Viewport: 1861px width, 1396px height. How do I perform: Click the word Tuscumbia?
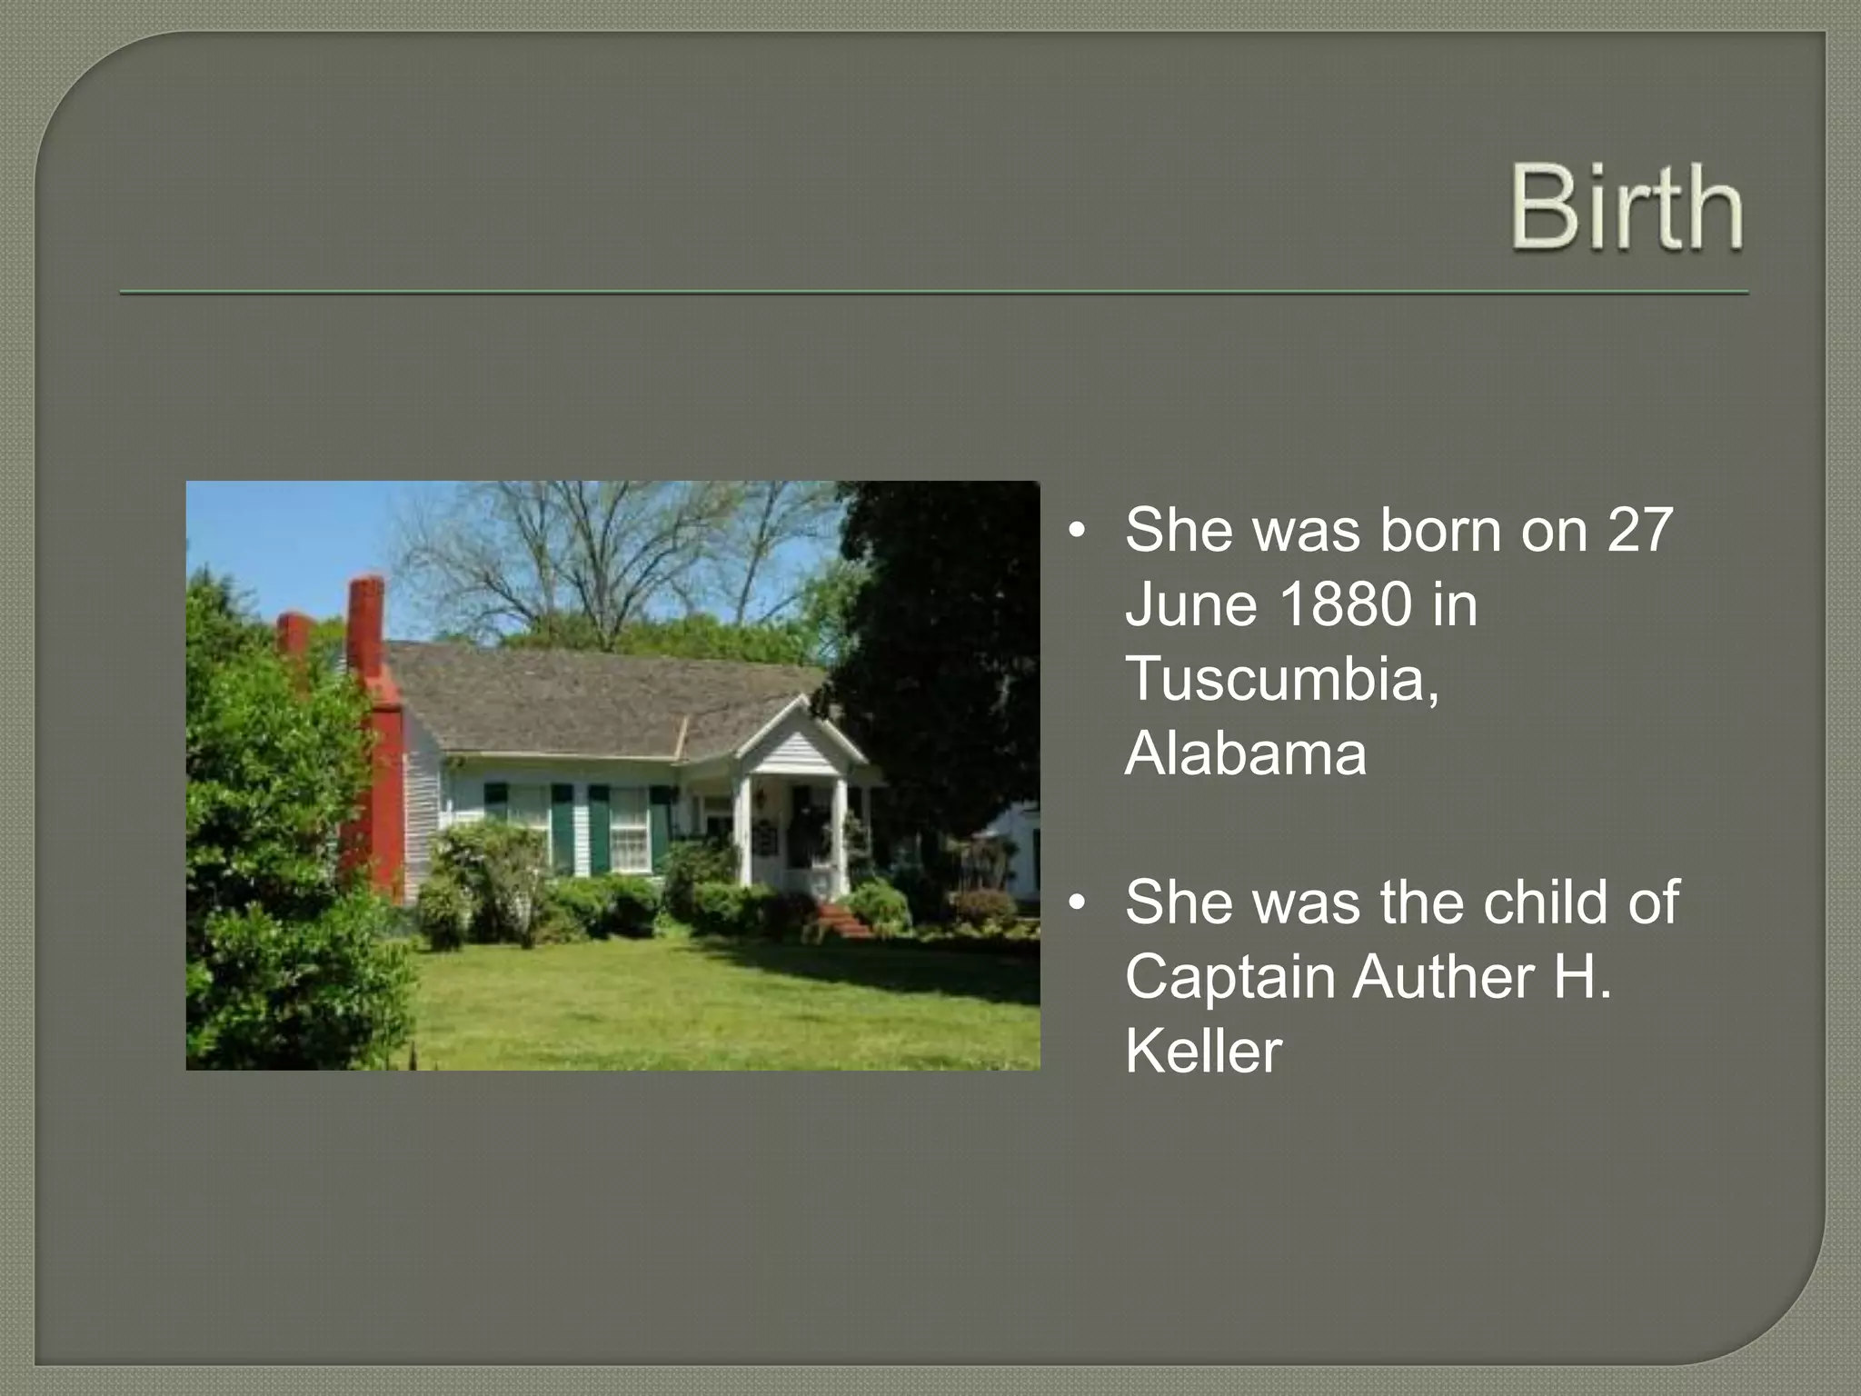tap(1281, 679)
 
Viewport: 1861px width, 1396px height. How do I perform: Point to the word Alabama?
tap(1245, 753)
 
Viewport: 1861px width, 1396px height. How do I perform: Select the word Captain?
tap(1230, 977)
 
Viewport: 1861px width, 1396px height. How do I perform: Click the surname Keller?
tap(1203, 1052)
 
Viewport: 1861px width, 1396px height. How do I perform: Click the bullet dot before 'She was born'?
tap(1077, 531)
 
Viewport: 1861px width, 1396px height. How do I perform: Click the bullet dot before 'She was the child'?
tap(1077, 903)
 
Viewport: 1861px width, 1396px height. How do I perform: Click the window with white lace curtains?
tap(629, 829)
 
